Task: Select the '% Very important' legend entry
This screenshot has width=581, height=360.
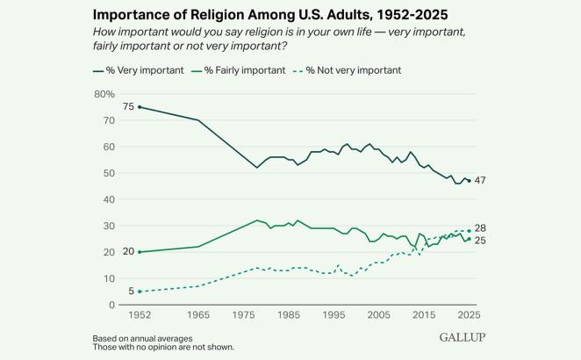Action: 140,70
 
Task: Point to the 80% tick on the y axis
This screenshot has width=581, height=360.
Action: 104,94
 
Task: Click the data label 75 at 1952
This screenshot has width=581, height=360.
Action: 128,107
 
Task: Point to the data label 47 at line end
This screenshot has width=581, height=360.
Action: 482,181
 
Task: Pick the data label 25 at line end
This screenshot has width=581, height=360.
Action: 482,240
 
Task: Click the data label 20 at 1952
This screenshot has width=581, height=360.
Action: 128,252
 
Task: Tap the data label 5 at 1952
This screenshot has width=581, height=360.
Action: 131,292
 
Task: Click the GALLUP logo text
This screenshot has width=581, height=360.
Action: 462,337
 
